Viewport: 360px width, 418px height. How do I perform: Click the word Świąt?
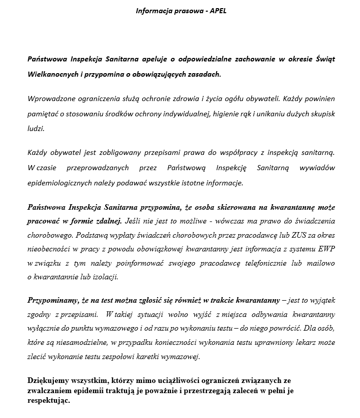click(x=323, y=59)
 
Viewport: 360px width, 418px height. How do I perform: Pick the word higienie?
click(x=219, y=113)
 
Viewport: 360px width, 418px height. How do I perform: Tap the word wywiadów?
click(x=317, y=167)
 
